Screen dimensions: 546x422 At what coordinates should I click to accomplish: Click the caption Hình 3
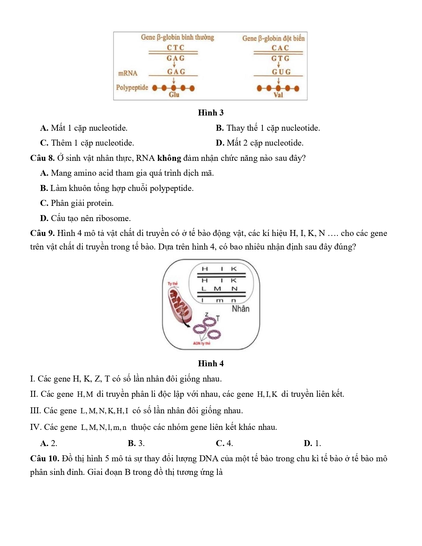pyautogui.click(x=211, y=113)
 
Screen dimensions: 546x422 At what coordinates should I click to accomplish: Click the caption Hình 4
pyautogui.click(x=211, y=364)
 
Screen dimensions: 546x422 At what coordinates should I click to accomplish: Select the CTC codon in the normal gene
pyautogui.click(x=175, y=48)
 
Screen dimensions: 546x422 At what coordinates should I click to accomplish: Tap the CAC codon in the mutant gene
pyautogui.click(x=280, y=48)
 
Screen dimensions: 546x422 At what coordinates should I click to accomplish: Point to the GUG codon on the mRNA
pyautogui.click(x=281, y=72)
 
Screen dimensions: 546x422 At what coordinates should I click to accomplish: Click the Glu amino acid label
pyautogui.click(x=174, y=95)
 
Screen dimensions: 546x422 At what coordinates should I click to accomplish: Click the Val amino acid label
pyautogui.click(x=278, y=95)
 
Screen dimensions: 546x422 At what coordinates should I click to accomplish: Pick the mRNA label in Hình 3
pyautogui.click(x=128, y=73)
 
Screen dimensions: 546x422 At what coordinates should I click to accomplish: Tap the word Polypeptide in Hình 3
pyautogui.click(x=132, y=88)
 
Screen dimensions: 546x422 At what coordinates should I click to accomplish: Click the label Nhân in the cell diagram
pyautogui.click(x=241, y=309)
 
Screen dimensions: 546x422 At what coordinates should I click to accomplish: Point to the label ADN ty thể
pyautogui.click(x=202, y=343)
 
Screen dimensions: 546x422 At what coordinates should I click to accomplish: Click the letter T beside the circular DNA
pyautogui.click(x=218, y=318)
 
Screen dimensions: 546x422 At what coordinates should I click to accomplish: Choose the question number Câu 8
pyautogui.click(x=42, y=158)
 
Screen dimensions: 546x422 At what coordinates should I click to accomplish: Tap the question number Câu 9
pyautogui.click(x=42, y=233)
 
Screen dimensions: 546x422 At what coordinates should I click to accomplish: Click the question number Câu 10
pyautogui.click(x=44, y=459)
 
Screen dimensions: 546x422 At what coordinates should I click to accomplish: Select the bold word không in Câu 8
pyautogui.click(x=169, y=158)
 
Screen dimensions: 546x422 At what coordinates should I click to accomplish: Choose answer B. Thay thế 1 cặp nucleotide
pyautogui.click(x=268, y=128)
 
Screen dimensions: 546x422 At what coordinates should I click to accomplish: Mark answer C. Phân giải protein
pyautogui.click(x=77, y=203)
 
